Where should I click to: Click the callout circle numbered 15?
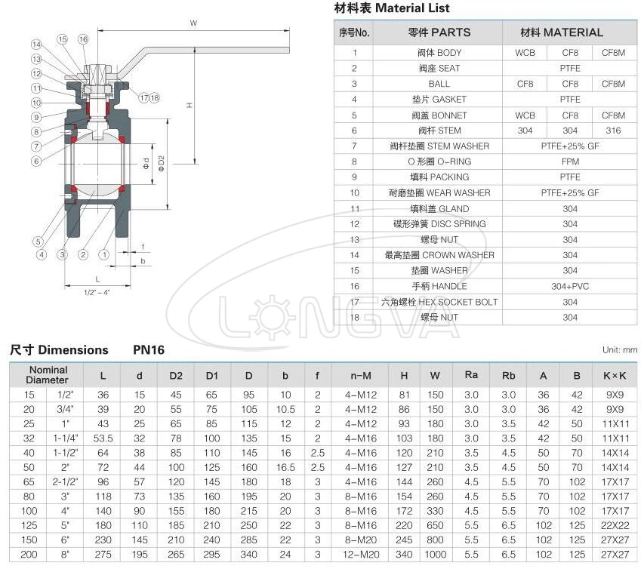coord(62,38)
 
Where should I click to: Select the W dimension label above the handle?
coord(193,23)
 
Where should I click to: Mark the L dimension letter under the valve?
coord(98,278)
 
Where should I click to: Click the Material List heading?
coord(391,8)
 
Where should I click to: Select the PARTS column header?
coord(439,32)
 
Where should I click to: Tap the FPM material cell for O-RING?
coord(570,161)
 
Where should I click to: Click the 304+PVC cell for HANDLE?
coord(570,286)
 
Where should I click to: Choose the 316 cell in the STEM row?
coord(612,131)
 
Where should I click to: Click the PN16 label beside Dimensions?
coord(149,350)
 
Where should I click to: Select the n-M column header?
coord(361,375)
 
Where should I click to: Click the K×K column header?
coord(614,375)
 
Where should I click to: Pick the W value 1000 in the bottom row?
coord(436,555)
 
